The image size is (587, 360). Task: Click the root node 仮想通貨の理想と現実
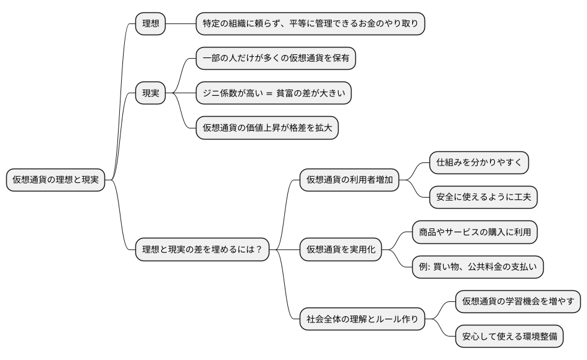56,180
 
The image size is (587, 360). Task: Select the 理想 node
151,24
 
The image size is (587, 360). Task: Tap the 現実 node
151,93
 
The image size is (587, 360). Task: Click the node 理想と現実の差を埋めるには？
202,249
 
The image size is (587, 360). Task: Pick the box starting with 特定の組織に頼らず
311,24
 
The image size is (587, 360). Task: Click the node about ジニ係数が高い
274,93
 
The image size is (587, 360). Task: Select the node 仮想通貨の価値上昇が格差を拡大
267,128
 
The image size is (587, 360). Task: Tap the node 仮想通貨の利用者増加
349,180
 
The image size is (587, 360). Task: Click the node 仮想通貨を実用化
340,249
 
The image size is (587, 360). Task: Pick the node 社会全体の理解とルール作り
362,319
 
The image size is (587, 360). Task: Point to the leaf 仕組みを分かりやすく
479,163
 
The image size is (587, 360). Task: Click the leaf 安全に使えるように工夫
484,198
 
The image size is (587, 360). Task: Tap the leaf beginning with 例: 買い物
478,267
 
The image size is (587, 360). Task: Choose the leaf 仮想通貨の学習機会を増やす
518,302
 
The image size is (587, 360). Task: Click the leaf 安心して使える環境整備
510,337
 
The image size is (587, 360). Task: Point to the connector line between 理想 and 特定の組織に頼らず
180,24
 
